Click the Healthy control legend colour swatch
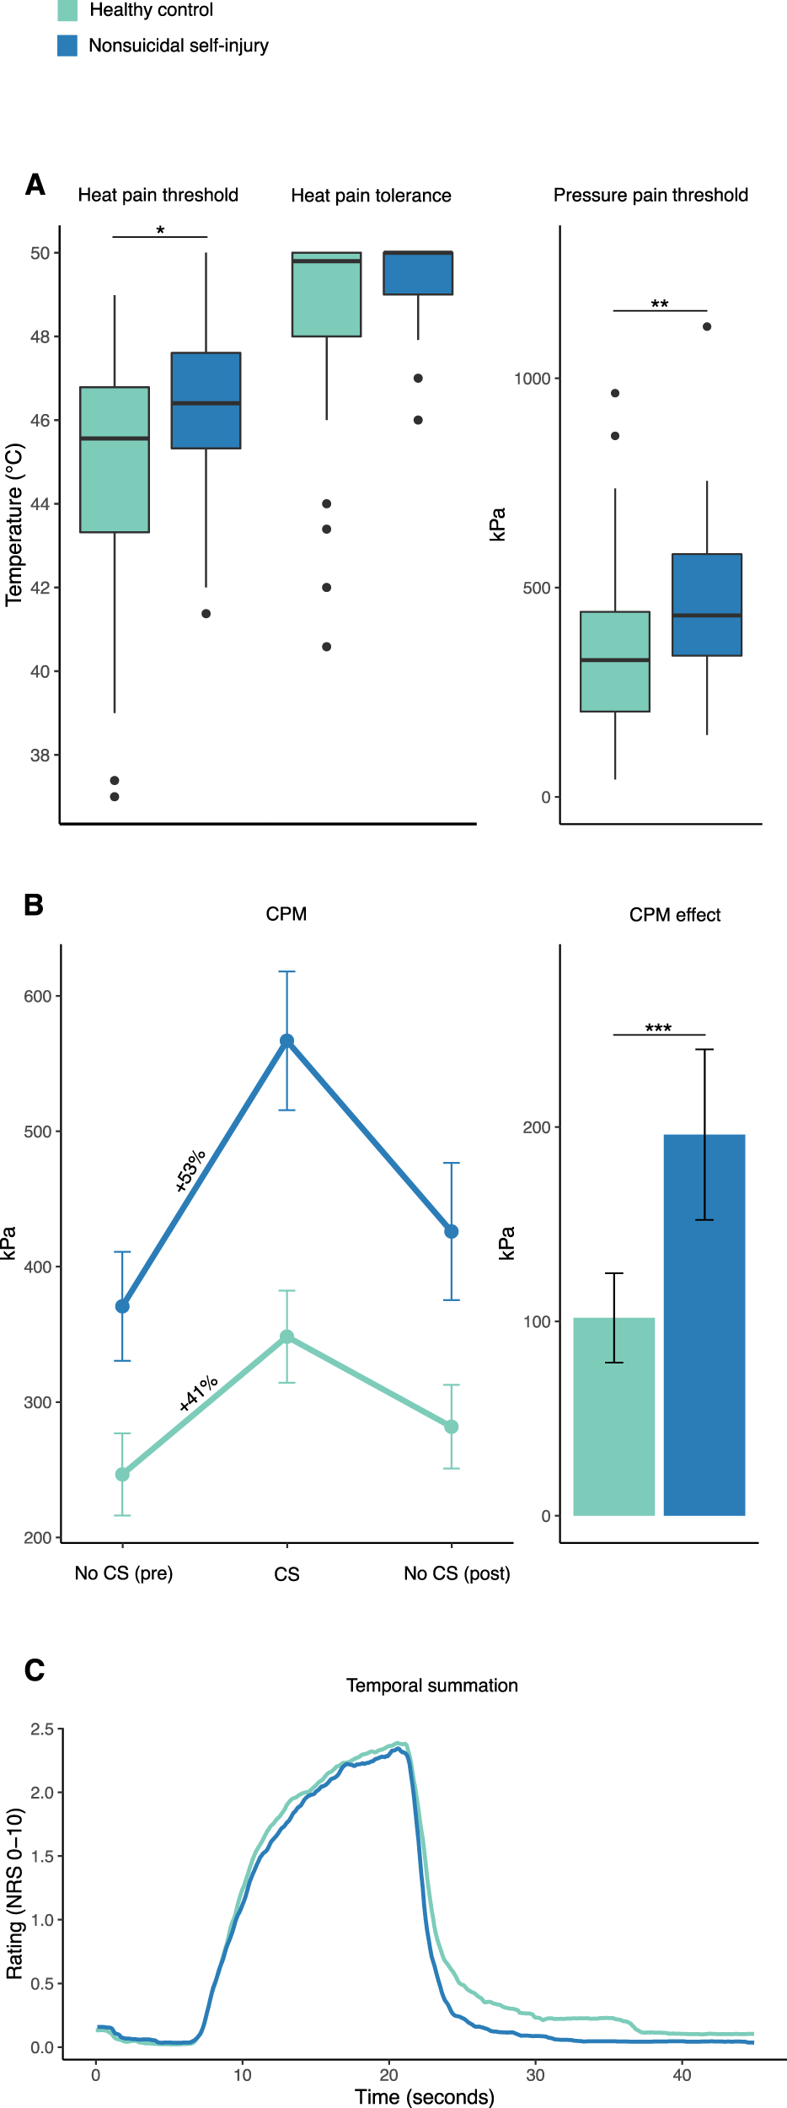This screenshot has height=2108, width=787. pos(67,10)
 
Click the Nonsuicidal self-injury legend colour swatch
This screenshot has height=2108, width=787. pos(67,46)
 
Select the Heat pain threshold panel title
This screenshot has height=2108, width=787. pos(158,196)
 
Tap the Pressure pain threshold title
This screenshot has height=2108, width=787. pos(650,196)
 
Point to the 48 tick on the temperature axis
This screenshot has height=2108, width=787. pos(40,336)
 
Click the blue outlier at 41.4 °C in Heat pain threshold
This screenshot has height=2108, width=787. pos(206,614)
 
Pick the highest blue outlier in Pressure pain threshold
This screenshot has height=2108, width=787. pos(707,327)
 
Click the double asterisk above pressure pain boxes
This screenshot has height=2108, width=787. pos(660,304)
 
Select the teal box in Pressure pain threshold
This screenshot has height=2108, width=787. pos(615,662)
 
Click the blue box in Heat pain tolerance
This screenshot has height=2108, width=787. pos(418,273)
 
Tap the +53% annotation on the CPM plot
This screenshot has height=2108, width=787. pos(190,1170)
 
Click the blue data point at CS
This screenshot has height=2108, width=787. pos(286,1041)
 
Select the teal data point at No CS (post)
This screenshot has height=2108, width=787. pos(452,1427)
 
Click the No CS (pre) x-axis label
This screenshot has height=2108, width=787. pos(124,1573)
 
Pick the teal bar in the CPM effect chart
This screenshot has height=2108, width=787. pos(614,1417)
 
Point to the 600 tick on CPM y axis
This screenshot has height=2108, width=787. pos(38,997)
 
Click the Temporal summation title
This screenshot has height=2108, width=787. pos(432,1686)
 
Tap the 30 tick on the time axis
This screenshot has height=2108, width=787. pos(535,2075)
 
